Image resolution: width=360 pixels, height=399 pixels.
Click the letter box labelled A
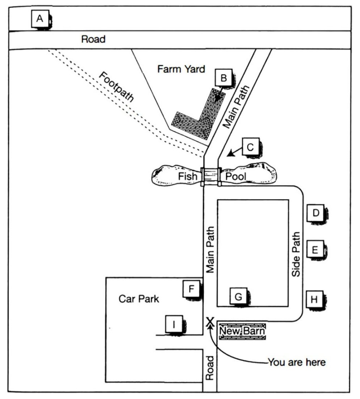click(40, 19)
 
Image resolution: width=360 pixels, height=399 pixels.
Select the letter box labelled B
click(224, 77)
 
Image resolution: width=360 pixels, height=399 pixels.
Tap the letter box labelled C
click(250, 147)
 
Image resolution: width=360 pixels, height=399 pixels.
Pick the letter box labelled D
click(315, 213)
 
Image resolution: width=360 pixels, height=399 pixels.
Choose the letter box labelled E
click(315, 249)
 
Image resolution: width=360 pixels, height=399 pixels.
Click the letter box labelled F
click(191, 288)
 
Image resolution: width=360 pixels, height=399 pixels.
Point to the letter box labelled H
click(314, 300)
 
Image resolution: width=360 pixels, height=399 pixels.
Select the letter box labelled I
click(174, 324)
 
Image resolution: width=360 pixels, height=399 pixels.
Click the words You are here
click(297, 362)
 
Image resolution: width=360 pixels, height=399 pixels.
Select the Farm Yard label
click(181, 69)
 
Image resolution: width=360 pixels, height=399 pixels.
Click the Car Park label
click(139, 299)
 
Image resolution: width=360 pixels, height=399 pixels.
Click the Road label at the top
click(93, 39)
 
